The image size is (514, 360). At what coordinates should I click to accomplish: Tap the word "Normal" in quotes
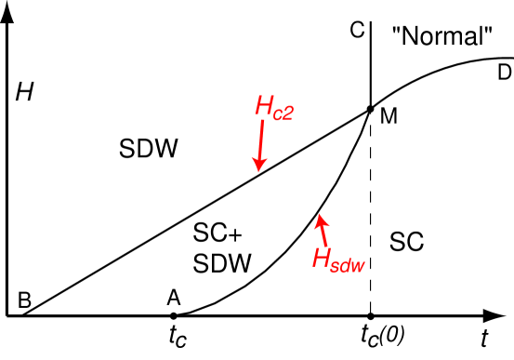(442, 37)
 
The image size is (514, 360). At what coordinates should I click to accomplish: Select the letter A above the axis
(174, 297)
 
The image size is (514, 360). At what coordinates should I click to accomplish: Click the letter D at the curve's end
(504, 72)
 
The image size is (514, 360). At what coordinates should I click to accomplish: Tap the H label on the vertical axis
(21, 92)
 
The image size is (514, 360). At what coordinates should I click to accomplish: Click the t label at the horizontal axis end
(484, 335)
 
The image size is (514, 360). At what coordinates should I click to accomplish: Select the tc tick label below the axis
(177, 336)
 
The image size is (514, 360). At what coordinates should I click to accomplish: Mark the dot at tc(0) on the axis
(370, 316)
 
